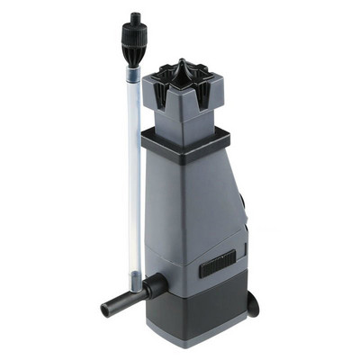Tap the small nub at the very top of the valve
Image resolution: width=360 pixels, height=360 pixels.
tap(135, 17)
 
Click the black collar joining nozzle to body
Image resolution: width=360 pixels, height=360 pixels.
tap(154, 286)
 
